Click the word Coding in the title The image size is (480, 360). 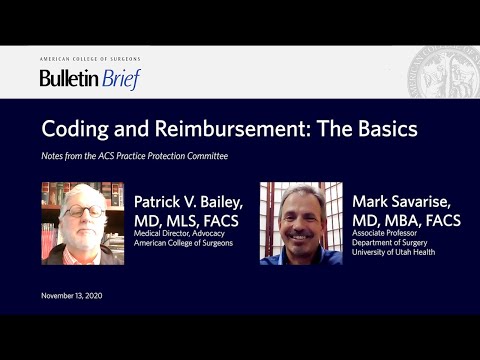(x=76, y=130)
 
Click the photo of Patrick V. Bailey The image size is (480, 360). (x=82, y=223)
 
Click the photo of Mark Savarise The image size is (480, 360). (x=301, y=223)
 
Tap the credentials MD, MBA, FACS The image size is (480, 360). (x=406, y=220)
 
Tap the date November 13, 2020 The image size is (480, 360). (x=72, y=296)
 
